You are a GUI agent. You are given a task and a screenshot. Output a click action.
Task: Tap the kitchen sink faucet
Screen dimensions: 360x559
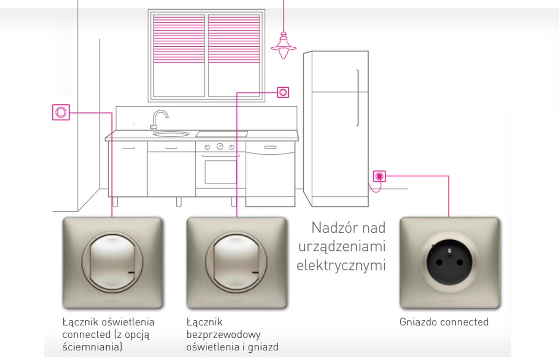[x=159, y=118]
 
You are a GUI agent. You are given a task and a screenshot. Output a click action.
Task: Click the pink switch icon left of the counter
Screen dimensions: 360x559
[x=60, y=112]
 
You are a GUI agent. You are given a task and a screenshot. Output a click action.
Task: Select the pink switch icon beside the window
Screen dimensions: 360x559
[x=283, y=92]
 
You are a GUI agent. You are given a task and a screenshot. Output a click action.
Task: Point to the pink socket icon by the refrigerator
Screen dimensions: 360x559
[x=379, y=176]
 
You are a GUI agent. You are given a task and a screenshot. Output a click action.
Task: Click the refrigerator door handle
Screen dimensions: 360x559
[x=359, y=97]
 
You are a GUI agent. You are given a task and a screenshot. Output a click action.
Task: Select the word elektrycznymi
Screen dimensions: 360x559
[x=341, y=265]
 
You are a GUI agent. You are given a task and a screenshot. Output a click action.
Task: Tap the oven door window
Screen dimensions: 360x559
[x=221, y=170]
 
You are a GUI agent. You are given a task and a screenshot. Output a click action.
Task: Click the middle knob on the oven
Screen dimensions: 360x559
[x=220, y=146]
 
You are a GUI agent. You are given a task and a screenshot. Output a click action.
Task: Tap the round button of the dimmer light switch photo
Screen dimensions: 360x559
[x=112, y=262]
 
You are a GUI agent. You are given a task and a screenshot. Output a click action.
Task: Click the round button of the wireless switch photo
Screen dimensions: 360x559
[x=237, y=262]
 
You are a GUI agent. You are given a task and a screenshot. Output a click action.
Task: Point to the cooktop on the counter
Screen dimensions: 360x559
[x=221, y=133]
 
